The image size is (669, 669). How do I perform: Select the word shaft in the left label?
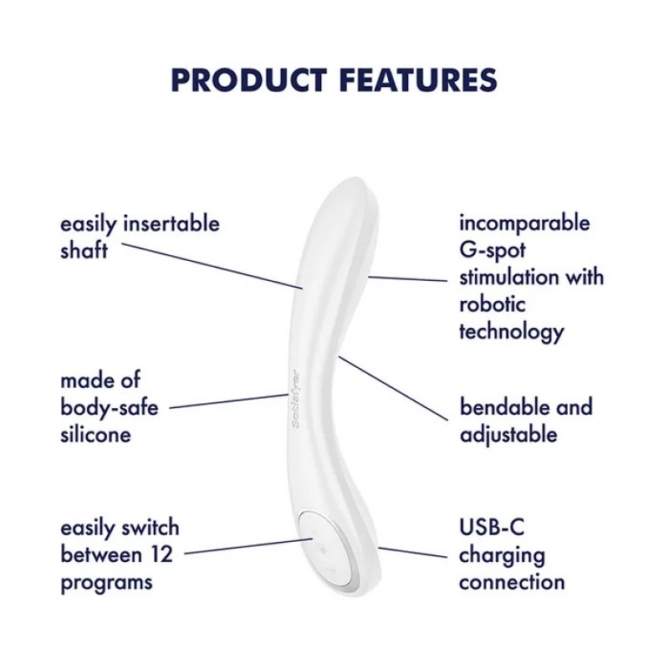(84, 250)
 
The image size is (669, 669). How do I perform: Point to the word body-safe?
(109, 408)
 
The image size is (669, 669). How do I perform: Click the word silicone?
(95, 435)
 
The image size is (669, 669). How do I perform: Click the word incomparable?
(524, 223)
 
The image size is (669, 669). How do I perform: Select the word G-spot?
(492, 250)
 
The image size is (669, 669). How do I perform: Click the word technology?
(511, 330)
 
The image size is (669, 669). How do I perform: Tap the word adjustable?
(508, 434)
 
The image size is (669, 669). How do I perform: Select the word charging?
(502, 554)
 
